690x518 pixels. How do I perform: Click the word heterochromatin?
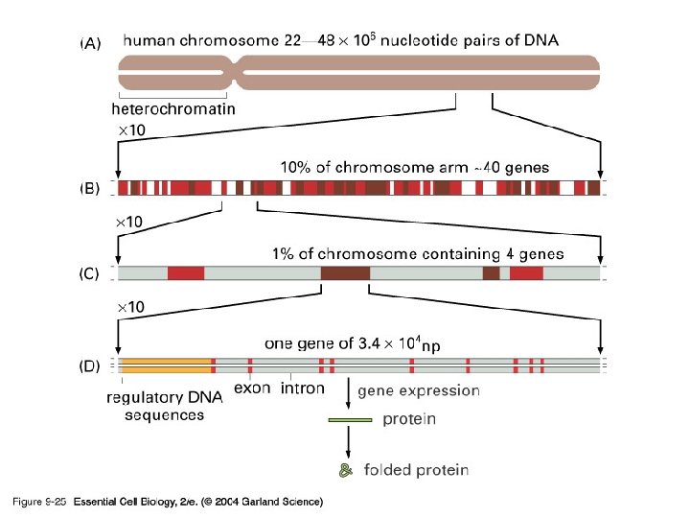[172, 109]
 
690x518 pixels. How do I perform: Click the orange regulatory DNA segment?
[163, 365]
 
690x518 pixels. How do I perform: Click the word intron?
[302, 388]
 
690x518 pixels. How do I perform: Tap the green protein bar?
[350, 419]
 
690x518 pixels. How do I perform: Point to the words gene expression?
[418, 390]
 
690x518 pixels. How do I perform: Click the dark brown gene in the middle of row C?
[344, 274]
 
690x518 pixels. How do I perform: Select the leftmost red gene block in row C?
[186, 274]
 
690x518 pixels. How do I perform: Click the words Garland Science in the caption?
[284, 502]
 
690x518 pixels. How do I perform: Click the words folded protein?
[416, 470]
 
